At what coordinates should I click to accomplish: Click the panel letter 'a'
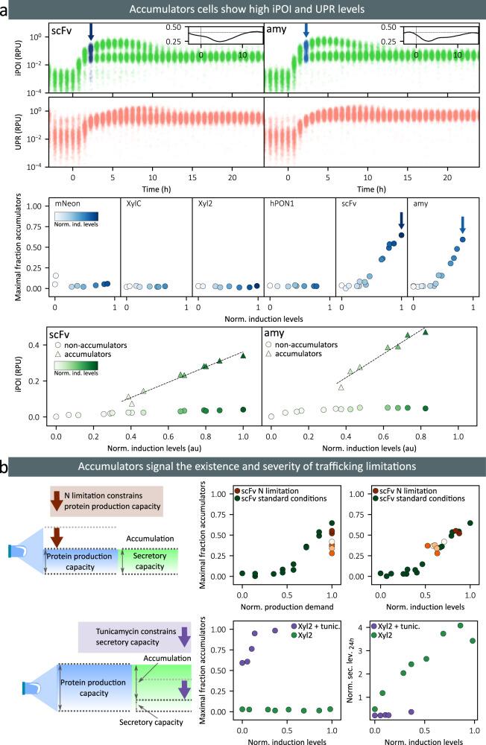pos(5,9)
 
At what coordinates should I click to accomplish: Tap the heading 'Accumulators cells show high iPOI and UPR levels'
pos(243,9)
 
